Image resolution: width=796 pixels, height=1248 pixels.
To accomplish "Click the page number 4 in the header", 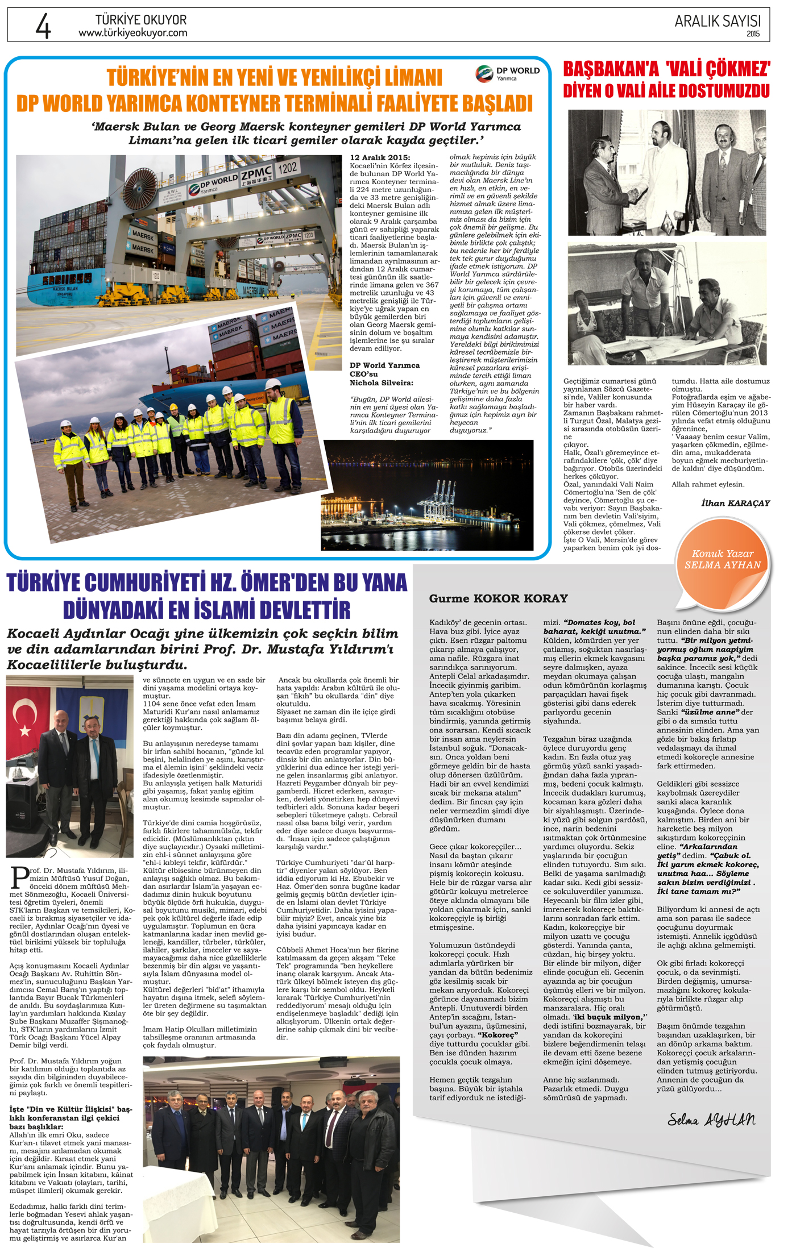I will tap(43, 26).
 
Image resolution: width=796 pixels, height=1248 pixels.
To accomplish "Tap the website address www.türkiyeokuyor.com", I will tap(132, 34).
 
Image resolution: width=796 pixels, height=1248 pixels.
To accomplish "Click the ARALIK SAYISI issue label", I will tap(717, 22).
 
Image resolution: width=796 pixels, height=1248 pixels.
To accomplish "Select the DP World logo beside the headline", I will tap(507, 73).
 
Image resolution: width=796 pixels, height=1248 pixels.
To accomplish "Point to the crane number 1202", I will tap(287, 168).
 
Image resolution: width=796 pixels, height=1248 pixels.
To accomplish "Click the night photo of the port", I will tap(427, 495).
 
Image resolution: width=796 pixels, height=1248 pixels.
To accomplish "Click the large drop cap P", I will tap(20, 877).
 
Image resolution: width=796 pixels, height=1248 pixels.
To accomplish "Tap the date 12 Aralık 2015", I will tap(380, 158).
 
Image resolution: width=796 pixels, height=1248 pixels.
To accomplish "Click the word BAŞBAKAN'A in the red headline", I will tap(611, 69).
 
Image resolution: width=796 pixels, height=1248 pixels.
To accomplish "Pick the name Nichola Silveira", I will tap(381, 383).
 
